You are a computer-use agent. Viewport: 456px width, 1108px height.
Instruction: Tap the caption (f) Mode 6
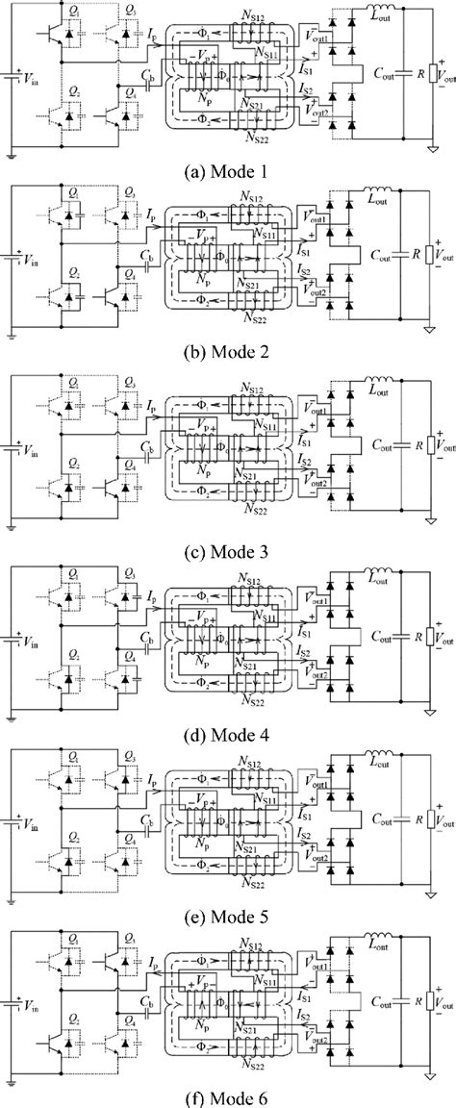coord(227,1095)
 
